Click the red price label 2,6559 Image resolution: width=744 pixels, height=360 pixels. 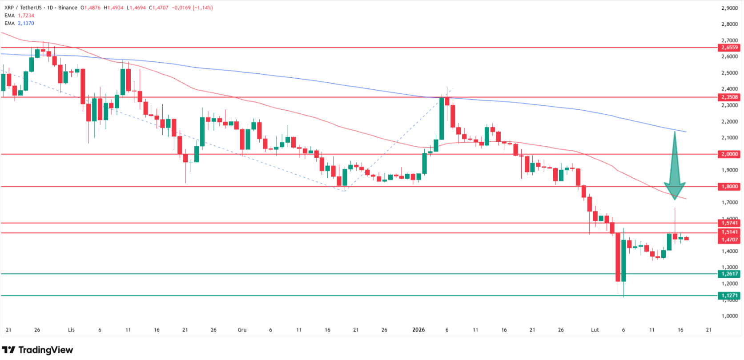coord(729,48)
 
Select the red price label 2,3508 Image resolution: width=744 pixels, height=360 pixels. coord(729,97)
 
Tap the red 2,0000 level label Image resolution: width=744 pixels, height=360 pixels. coord(729,154)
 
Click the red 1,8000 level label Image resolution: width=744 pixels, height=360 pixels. coord(729,187)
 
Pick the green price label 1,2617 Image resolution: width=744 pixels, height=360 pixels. coord(729,274)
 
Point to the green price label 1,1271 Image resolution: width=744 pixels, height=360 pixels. coord(729,296)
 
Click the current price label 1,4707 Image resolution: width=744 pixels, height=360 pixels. coord(729,240)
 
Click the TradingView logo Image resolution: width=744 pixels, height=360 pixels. coord(37,350)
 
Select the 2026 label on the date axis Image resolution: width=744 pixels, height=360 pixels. coord(418,330)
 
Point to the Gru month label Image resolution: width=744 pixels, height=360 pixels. coord(242,330)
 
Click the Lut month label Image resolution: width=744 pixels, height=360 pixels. coord(595,330)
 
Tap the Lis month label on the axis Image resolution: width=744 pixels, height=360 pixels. coord(71,330)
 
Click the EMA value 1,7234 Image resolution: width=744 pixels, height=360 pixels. coord(26,16)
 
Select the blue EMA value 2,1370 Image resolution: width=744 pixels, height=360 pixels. coord(26,23)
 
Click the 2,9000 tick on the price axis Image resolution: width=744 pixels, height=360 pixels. coord(729,8)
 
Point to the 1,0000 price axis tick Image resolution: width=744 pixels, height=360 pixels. coord(729,316)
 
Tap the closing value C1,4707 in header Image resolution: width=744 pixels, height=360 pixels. coord(159,8)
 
